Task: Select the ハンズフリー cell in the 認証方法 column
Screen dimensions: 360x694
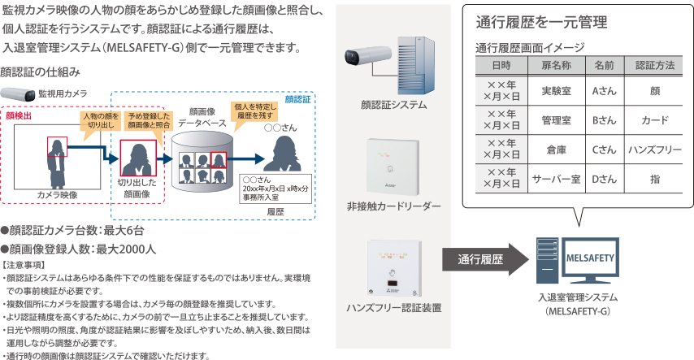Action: (x=655, y=150)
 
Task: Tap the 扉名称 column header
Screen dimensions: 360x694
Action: (x=553, y=64)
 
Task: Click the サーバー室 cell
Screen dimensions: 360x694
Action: (x=553, y=177)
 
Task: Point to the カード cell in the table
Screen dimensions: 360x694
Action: (x=655, y=121)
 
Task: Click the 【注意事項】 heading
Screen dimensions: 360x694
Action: (x=25, y=266)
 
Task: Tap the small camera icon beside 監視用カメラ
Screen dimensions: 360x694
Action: (x=17, y=93)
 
